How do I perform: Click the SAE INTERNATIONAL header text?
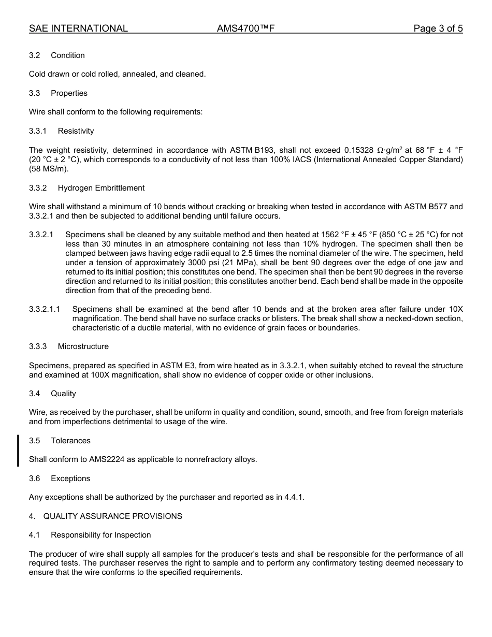tap(78, 28)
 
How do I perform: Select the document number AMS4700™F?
tap(245, 28)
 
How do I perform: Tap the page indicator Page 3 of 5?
tap(438, 28)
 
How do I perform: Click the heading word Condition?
tap(67, 55)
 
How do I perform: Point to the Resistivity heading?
tap(76, 131)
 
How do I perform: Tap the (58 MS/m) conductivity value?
tap(49, 169)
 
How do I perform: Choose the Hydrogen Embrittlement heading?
tap(101, 188)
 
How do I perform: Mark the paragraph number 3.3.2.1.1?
tap(45, 309)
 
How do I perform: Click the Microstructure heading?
tap(83, 346)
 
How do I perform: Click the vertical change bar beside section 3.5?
tap(19, 450)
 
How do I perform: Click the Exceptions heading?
tap(70, 479)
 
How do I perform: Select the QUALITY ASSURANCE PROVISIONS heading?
tap(112, 516)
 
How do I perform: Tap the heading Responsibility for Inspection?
tap(100, 535)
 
